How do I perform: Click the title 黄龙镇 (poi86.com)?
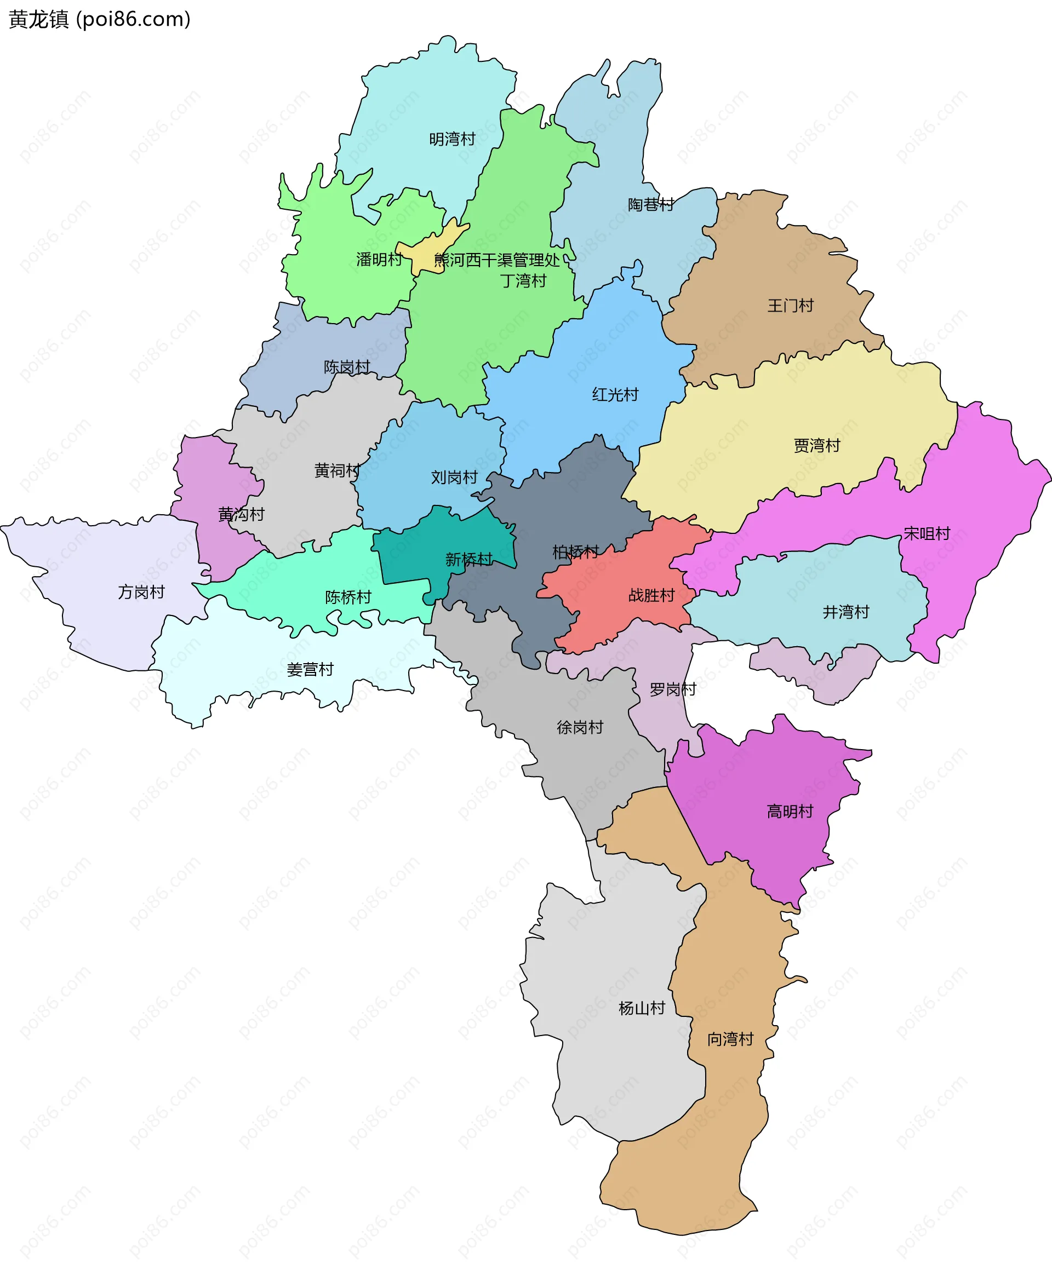tap(100, 19)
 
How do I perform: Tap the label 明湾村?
tap(452, 139)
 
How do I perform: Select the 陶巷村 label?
tap(650, 205)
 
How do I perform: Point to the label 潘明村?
tap(379, 260)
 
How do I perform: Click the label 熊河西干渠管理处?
tap(496, 260)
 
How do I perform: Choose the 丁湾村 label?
tap(523, 281)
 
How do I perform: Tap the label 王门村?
tap(790, 306)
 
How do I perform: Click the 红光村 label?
tap(615, 395)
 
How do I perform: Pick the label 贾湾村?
tap(817, 445)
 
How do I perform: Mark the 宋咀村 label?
tap(927, 533)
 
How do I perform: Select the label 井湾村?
tap(845, 612)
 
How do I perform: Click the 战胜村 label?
tap(651, 596)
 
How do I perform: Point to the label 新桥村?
tap(469, 559)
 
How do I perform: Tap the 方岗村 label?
tap(141, 592)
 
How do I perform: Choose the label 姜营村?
tap(310, 669)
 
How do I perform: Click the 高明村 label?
tap(790, 811)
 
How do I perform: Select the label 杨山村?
tap(642, 1008)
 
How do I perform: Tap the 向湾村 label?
tap(730, 1039)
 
